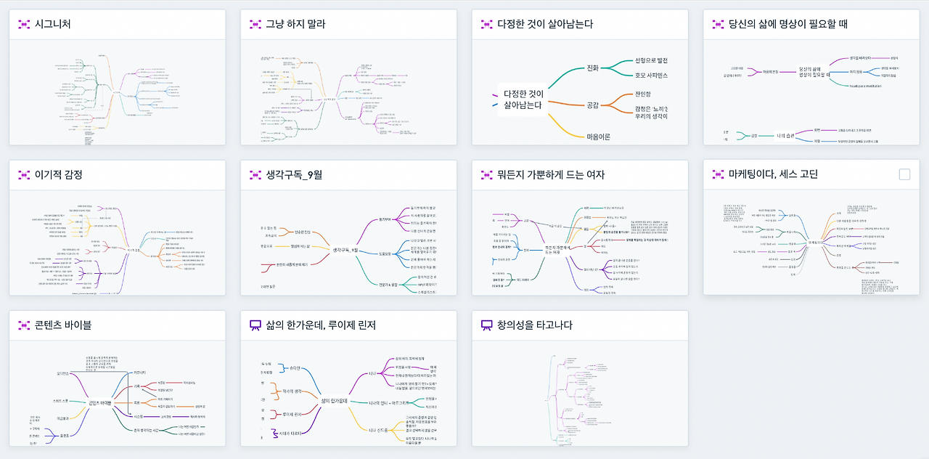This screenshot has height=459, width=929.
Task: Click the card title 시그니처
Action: coord(53,24)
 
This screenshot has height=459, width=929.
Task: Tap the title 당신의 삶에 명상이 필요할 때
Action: coord(788,24)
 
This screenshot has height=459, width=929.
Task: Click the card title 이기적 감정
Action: coord(59,174)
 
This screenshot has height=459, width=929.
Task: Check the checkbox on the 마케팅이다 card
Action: coord(904,174)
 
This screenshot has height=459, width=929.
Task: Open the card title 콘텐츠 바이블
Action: coord(63,325)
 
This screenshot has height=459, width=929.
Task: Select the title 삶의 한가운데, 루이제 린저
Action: coord(321,325)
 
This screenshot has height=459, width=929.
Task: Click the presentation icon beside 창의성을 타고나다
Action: coord(487,325)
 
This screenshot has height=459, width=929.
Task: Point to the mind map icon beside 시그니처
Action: coord(24,25)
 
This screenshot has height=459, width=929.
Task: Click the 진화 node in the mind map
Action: coord(592,68)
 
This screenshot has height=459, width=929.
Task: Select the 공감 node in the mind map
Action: coord(593,105)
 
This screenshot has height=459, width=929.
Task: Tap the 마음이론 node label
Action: coord(599,137)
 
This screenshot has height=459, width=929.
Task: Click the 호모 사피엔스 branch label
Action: coord(651,75)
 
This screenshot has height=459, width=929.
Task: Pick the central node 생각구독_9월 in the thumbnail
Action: coord(347,250)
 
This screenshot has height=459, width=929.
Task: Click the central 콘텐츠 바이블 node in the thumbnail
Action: coord(99,402)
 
